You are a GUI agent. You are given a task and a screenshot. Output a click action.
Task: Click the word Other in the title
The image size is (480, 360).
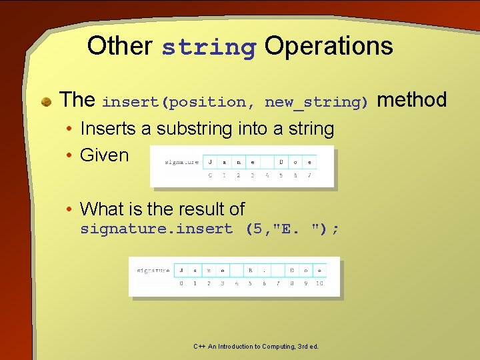pyautogui.click(x=119, y=46)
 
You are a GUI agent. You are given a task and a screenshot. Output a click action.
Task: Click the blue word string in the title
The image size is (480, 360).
pyautogui.click(x=209, y=48)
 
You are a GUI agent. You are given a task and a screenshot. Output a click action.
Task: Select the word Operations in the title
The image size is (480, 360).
pyautogui.click(x=329, y=46)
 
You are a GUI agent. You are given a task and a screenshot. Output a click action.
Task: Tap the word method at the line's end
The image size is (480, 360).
pyautogui.click(x=411, y=100)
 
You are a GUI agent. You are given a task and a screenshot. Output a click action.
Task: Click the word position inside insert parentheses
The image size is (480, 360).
pyautogui.click(x=206, y=103)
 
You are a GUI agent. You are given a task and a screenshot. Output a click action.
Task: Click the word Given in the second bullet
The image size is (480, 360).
pyautogui.click(x=104, y=155)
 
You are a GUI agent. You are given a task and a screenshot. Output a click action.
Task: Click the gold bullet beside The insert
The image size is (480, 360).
pyautogui.click(x=47, y=102)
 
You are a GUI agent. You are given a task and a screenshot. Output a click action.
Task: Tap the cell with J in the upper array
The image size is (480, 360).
pyautogui.click(x=211, y=161)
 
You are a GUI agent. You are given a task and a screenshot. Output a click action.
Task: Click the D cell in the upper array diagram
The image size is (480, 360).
pyautogui.click(x=281, y=161)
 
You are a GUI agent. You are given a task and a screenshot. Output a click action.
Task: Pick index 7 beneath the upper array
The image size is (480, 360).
pyautogui.click(x=309, y=175)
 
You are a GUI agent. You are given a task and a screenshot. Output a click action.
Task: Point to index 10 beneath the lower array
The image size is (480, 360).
pyautogui.click(x=319, y=284)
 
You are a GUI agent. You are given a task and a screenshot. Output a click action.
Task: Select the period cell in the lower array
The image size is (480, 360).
pyautogui.click(x=264, y=271)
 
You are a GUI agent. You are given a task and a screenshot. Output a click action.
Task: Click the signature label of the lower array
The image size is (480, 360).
pyautogui.click(x=153, y=271)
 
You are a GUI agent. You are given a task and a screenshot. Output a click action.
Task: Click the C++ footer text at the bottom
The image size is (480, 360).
pyautogui.click(x=256, y=347)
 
